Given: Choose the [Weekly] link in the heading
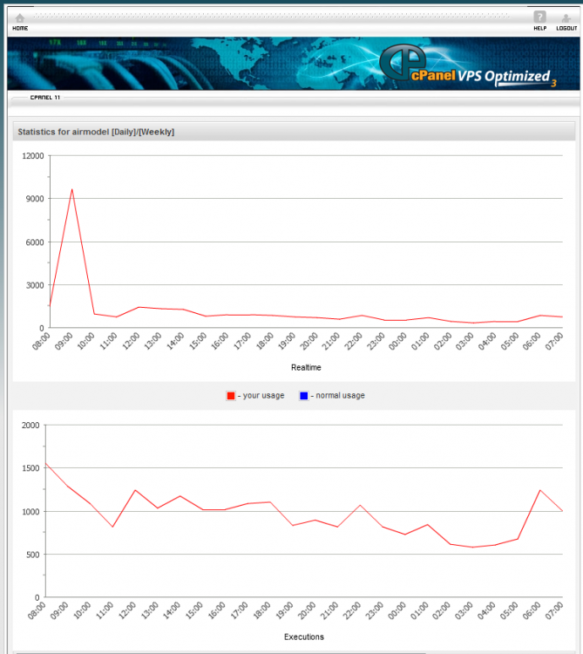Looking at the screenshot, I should coord(157,132).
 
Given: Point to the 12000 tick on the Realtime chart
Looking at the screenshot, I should coord(32,156).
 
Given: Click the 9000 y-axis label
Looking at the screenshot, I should coord(35,199).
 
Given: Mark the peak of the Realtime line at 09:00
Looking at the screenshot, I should coord(72,189).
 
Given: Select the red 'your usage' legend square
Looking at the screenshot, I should coord(231,396).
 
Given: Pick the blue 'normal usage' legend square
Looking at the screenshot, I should coord(304,396).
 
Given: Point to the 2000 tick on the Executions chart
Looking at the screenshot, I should coord(31,426).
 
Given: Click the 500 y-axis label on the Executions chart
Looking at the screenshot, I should coord(32,555).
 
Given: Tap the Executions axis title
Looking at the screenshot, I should coord(304,637).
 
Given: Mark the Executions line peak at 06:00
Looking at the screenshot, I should coord(540,491).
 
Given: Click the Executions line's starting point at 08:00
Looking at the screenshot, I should coord(45,463).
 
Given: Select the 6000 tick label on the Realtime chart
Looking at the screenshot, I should coord(35,242).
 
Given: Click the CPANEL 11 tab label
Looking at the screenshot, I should coord(45,97).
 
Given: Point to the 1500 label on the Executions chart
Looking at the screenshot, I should coord(31,468).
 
